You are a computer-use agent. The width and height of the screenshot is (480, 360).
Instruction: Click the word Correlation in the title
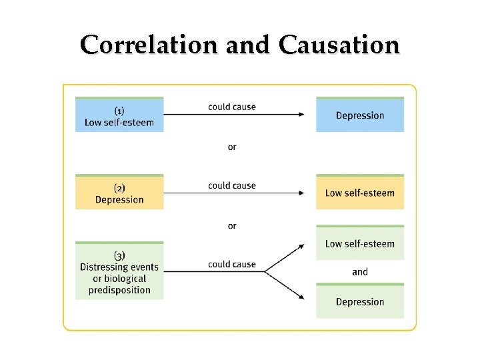click(x=149, y=45)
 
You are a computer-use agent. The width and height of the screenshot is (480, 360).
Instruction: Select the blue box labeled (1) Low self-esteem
click(x=119, y=115)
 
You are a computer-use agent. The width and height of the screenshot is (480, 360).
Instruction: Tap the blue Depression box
click(x=360, y=115)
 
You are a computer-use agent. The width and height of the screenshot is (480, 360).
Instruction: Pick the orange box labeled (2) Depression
click(x=119, y=193)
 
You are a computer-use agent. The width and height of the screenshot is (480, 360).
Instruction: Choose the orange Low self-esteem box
click(x=360, y=193)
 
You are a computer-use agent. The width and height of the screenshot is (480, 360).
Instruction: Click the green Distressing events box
click(x=119, y=271)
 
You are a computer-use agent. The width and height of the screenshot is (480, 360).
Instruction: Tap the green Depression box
click(x=360, y=301)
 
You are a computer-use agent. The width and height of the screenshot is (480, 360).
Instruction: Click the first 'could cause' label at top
click(x=232, y=107)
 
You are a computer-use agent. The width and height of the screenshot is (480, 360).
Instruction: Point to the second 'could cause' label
click(x=232, y=185)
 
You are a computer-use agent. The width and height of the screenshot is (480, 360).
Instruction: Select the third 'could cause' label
click(x=232, y=264)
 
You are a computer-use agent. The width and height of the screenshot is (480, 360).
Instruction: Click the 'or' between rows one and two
click(x=232, y=147)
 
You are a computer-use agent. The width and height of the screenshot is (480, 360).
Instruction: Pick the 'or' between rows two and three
click(x=232, y=226)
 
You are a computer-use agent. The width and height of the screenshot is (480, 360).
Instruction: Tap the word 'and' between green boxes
click(x=360, y=272)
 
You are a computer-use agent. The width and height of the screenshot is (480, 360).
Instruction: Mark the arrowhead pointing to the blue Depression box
click(x=301, y=115)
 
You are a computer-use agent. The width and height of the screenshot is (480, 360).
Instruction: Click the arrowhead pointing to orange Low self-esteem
click(x=301, y=193)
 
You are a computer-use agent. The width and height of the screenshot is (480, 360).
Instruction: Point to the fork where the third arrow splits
click(x=265, y=272)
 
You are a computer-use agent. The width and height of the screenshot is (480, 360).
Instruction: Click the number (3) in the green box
click(x=119, y=255)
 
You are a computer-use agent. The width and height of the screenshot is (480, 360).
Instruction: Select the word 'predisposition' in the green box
click(x=119, y=290)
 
